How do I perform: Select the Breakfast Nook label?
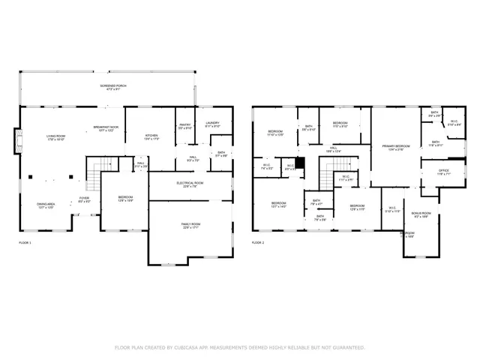tap(104, 130)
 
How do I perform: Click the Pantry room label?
tap(185, 125)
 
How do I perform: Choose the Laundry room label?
tap(211, 124)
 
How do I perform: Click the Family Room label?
tap(190, 226)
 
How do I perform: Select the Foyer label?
tap(85, 200)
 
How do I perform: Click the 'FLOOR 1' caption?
tap(25, 243)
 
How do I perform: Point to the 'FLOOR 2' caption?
tap(258, 243)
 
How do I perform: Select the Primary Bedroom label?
tap(395, 147)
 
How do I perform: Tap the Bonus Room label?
tap(421, 215)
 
